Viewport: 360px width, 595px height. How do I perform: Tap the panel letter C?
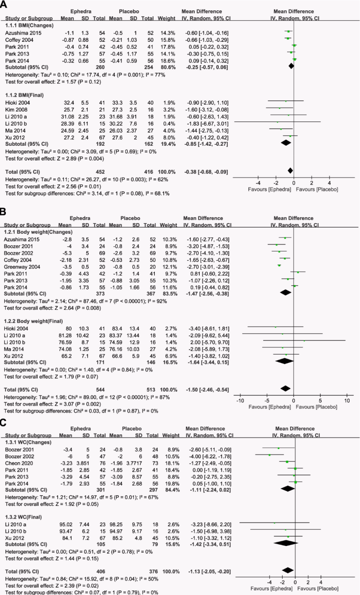tap(3, 422)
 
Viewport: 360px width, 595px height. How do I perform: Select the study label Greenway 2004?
tap(22, 267)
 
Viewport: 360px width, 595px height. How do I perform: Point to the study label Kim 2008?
tap(16, 110)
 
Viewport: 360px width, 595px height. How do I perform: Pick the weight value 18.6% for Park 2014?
tap(168, 61)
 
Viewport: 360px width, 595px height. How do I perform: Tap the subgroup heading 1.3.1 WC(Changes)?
tap(28, 442)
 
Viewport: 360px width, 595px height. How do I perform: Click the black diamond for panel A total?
tap(290, 170)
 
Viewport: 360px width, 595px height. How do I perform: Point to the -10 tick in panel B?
tap(240, 395)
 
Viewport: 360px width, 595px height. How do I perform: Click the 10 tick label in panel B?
tap(347, 401)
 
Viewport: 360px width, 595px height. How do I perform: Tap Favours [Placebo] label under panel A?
tap(317, 189)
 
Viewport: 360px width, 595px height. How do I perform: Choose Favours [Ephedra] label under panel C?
tap(272, 589)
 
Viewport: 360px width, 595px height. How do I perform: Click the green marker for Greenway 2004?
tap(279, 265)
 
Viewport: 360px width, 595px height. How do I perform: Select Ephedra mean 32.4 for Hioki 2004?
tap(68, 103)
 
